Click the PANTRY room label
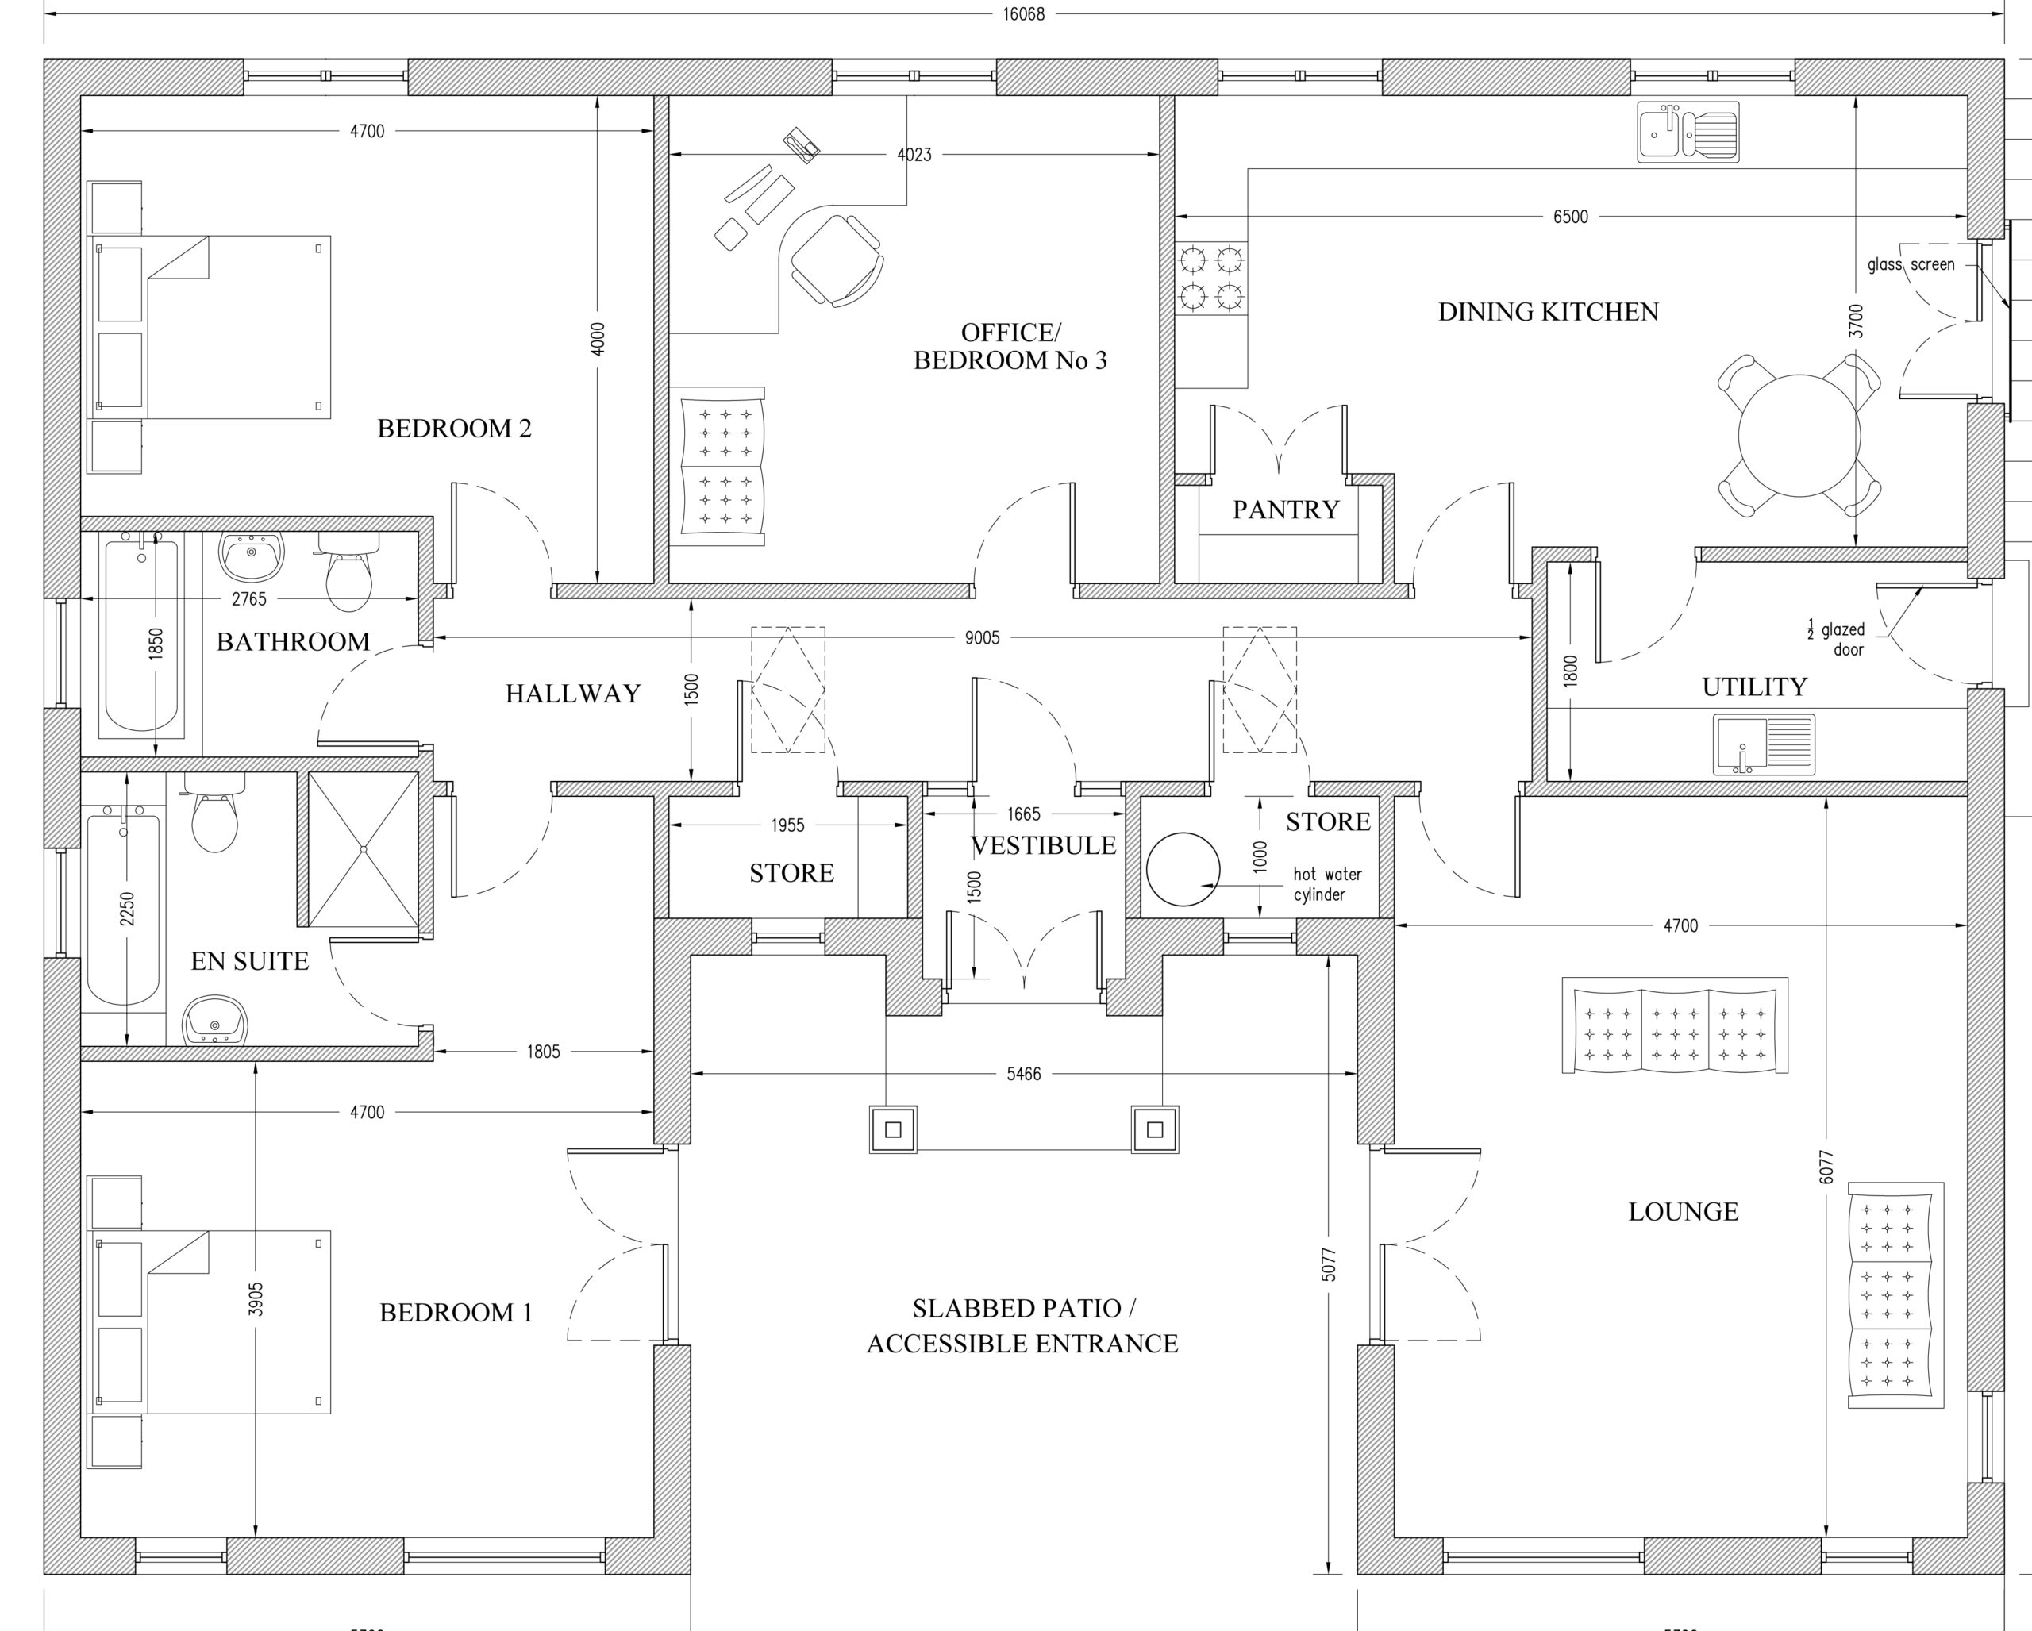pyautogui.click(x=1286, y=510)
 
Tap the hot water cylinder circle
pyautogui.click(x=1183, y=869)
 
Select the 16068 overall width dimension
pyautogui.click(x=1023, y=14)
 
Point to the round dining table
pyautogui.click(x=1799, y=435)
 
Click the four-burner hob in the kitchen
pyautogui.click(x=1211, y=278)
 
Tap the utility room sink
pyautogui.click(x=1764, y=744)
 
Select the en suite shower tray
pyautogui.click(x=363, y=849)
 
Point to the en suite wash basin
pyautogui.click(x=215, y=1021)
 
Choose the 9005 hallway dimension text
pyautogui.click(x=982, y=638)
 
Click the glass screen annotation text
pyautogui.click(x=1911, y=265)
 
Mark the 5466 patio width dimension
pyautogui.click(x=1023, y=1074)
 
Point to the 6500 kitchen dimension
pyautogui.click(x=1570, y=217)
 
